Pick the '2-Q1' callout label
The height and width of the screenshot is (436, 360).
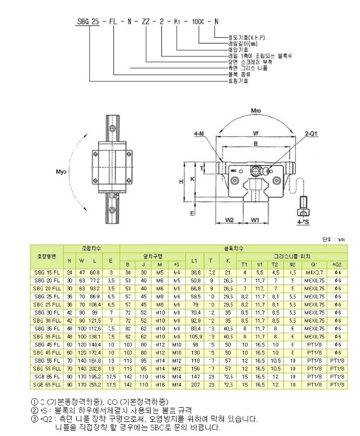(x=313, y=133)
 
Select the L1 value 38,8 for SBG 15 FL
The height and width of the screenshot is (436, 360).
(x=195, y=272)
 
